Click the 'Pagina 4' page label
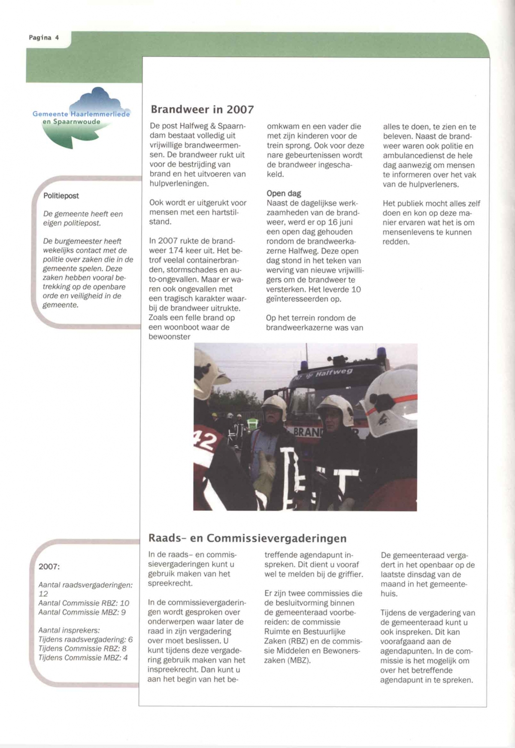pyautogui.click(x=44, y=38)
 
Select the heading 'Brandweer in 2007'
pyautogui.click(x=202, y=109)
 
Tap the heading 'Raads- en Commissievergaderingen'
pyautogui.click(x=247, y=538)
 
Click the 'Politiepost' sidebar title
pyautogui.click(x=61, y=196)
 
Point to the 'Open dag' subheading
pyautogui.click(x=284, y=194)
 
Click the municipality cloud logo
pyautogui.click(x=82, y=117)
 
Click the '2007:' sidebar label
pyautogui.click(x=49, y=566)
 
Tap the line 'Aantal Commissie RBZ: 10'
pyautogui.click(x=84, y=603)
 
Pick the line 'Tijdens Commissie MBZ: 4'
pyautogui.click(x=83, y=657)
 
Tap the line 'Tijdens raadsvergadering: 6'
pyautogui.click(x=85, y=639)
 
